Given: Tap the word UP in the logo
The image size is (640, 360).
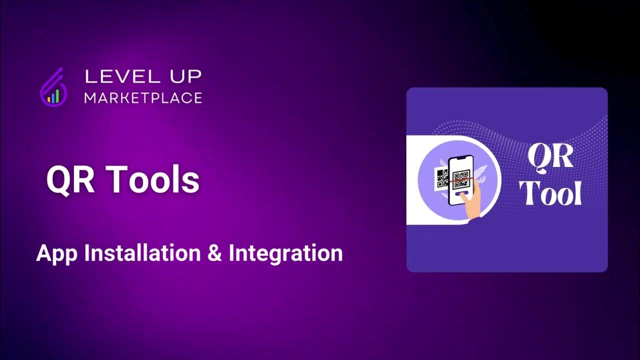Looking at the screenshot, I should (183, 76).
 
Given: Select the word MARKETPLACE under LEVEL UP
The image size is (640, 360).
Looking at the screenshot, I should (143, 98).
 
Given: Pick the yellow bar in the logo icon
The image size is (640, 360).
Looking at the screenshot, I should (49, 99).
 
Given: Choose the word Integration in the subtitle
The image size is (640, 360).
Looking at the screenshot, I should (285, 253).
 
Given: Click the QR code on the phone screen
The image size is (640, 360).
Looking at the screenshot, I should (461, 179).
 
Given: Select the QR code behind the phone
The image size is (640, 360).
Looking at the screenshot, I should (441, 177).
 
